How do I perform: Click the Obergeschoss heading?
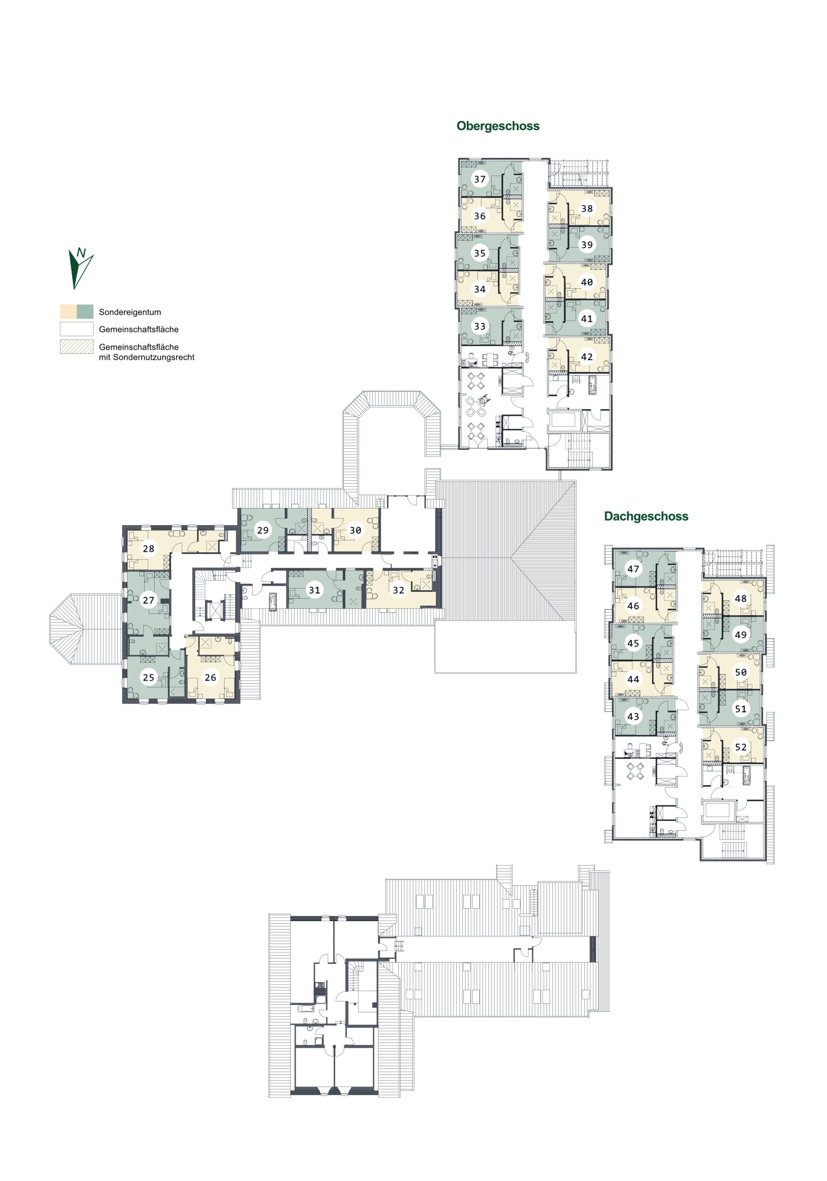tap(498, 126)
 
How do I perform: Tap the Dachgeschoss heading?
tap(646, 517)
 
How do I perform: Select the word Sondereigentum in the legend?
tap(130, 312)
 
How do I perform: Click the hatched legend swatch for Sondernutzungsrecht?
tap(77, 347)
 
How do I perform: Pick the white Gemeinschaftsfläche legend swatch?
tap(77, 329)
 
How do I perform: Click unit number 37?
tap(480, 179)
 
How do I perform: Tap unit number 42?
tap(587, 356)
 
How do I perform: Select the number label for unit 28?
tap(148, 549)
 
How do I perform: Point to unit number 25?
tap(148, 678)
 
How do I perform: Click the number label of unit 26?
tap(210, 677)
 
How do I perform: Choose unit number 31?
tap(314, 590)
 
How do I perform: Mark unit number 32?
tap(399, 590)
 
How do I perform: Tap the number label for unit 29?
tap(263, 530)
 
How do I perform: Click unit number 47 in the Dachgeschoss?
tap(633, 569)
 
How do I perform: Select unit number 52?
tap(741, 747)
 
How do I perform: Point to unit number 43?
tap(633, 716)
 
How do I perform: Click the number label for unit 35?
tap(480, 253)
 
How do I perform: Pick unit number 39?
tap(587, 245)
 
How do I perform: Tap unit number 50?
tap(741, 672)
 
